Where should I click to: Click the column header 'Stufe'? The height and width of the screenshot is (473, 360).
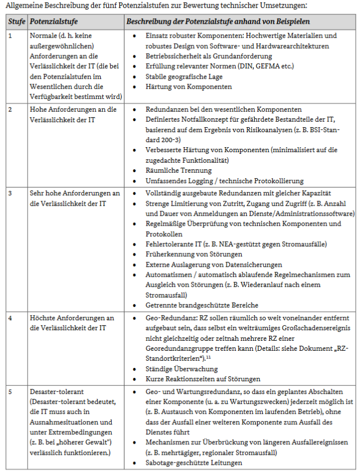pos(15,22)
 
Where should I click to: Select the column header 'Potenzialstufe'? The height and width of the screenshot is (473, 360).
pos(53,22)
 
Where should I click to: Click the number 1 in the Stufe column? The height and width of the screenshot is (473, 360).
pos(10,35)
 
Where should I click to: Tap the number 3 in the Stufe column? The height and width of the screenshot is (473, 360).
pos(10,193)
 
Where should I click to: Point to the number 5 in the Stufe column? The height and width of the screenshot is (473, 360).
pos(10,392)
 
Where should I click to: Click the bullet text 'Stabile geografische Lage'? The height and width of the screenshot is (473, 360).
pos(184,77)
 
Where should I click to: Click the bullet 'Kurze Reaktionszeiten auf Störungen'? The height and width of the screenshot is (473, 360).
pos(203,379)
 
